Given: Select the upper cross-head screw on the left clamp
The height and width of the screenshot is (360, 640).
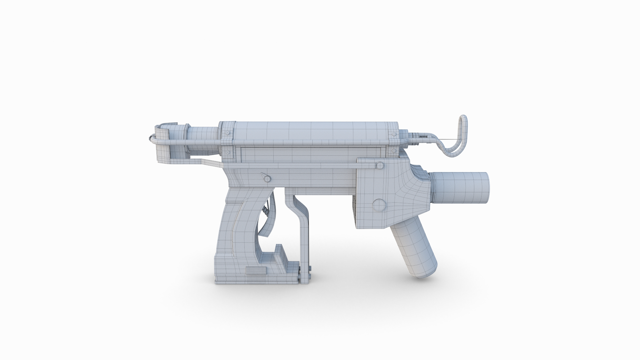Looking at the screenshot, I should [x=228, y=132].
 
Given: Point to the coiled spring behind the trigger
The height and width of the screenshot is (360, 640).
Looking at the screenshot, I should [x=266, y=211].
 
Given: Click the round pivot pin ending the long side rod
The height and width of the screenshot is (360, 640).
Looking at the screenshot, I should [x=379, y=165].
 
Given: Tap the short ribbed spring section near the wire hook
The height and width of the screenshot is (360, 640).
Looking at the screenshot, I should [x=422, y=136].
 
